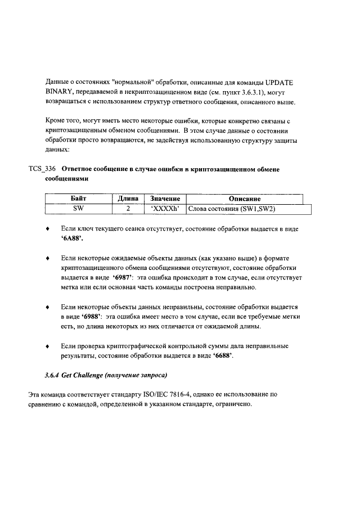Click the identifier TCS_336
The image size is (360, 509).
[x=43, y=169]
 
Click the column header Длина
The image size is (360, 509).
[x=128, y=199]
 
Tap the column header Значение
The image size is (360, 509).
[x=164, y=199]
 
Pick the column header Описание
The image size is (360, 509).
[x=244, y=199]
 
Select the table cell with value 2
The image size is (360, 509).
[x=128, y=209]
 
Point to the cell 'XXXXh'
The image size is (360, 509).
[x=164, y=209]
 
